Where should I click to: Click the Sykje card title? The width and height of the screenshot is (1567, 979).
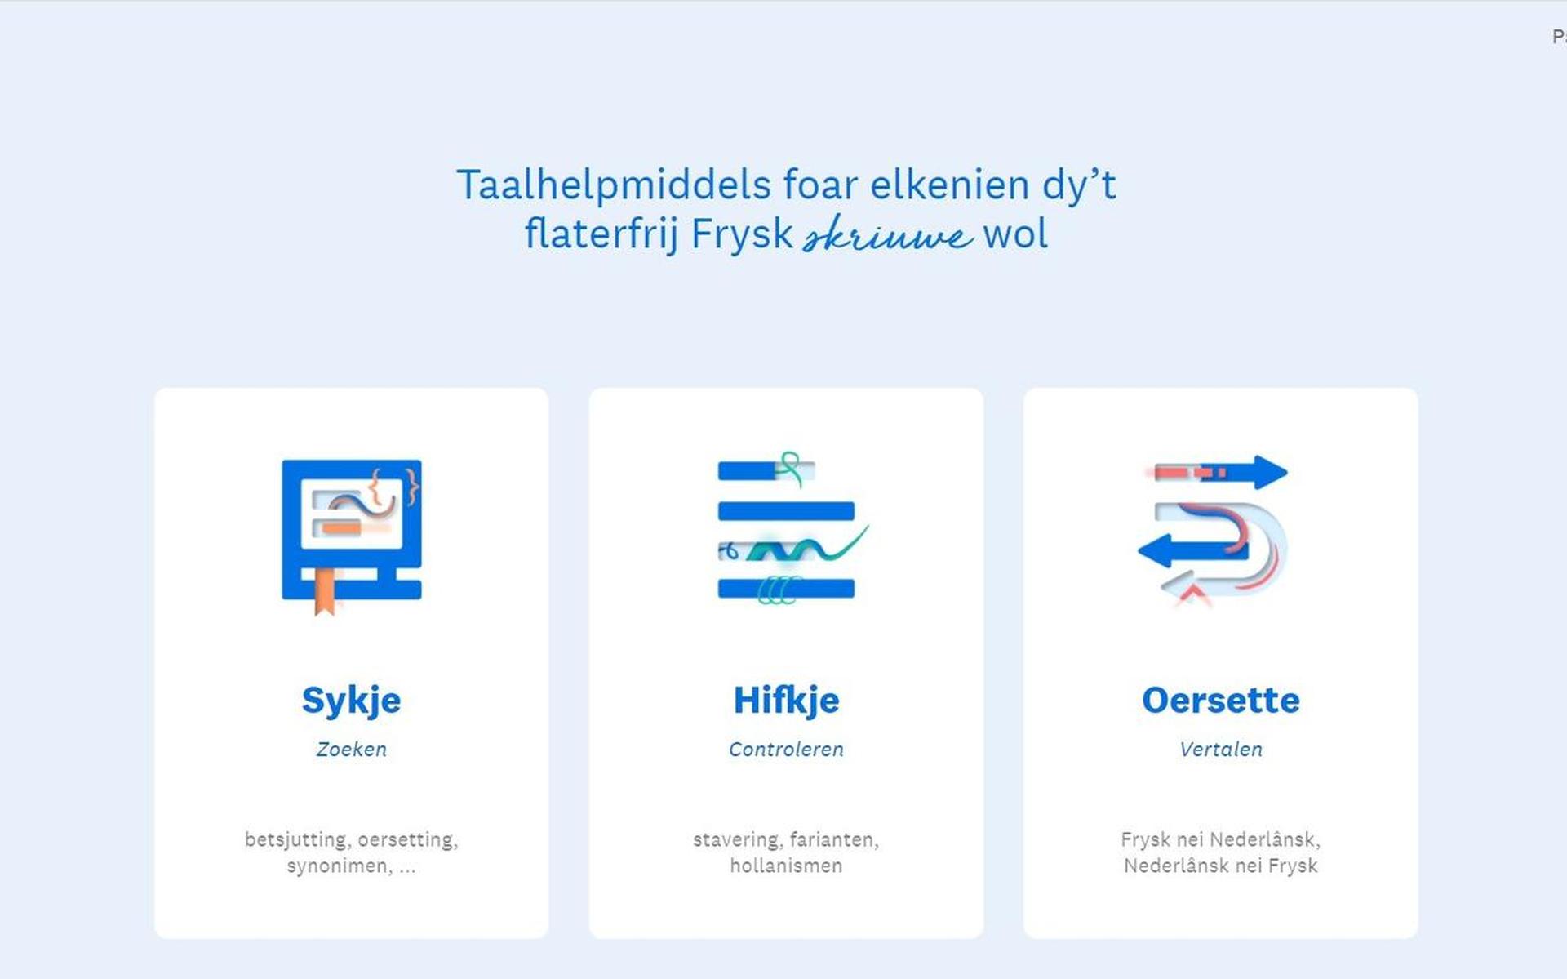[x=351, y=701]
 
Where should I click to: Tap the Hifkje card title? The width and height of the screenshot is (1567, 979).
[x=786, y=701]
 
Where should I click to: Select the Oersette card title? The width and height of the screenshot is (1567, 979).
[x=1220, y=700]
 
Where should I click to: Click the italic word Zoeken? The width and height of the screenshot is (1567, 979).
[x=351, y=749]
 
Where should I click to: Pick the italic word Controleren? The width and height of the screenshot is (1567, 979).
[x=786, y=749]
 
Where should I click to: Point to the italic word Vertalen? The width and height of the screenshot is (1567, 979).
[x=1220, y=749]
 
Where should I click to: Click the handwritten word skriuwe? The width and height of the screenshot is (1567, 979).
[x=888, y=235]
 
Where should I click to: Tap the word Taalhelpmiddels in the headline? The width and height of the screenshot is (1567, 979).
[x=613, y=185]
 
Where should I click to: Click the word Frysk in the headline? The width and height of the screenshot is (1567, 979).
[x=742, y=234]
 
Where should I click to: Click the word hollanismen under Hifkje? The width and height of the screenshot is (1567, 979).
[x=786, y=866]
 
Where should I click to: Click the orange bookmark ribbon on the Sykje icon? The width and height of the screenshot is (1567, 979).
[x=325, y=591]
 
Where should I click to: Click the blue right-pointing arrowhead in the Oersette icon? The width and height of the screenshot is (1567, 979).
[x=1270, y=472]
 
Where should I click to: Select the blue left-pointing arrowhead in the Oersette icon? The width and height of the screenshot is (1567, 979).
[x=1155, y=550]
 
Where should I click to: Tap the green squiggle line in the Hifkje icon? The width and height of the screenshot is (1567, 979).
[x=808, y=546]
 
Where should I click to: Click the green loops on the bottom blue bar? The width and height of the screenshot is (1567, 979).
[x=777, y=590]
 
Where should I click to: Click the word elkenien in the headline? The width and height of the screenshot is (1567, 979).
[x=950, y=185]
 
